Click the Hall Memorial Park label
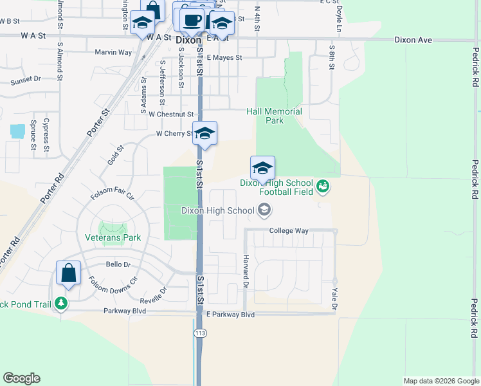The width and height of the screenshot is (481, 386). point(274,116)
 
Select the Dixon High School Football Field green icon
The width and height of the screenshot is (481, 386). point(323,187)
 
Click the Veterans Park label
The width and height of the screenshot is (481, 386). point(113,237)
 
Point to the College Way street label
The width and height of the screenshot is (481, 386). point(289,230)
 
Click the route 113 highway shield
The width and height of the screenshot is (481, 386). point(199,333)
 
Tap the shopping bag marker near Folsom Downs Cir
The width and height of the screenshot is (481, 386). point(68,273)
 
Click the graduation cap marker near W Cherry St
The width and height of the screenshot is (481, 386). point(205,134)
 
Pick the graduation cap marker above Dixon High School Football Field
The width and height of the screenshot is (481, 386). point(262,169)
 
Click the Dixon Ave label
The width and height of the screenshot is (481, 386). point(413,40)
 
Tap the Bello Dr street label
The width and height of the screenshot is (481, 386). point(118,264)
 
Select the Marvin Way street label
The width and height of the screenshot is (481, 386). point(113,52)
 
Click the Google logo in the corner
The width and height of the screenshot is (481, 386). point(21,378)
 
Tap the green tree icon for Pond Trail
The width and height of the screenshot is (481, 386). point(60,302)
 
